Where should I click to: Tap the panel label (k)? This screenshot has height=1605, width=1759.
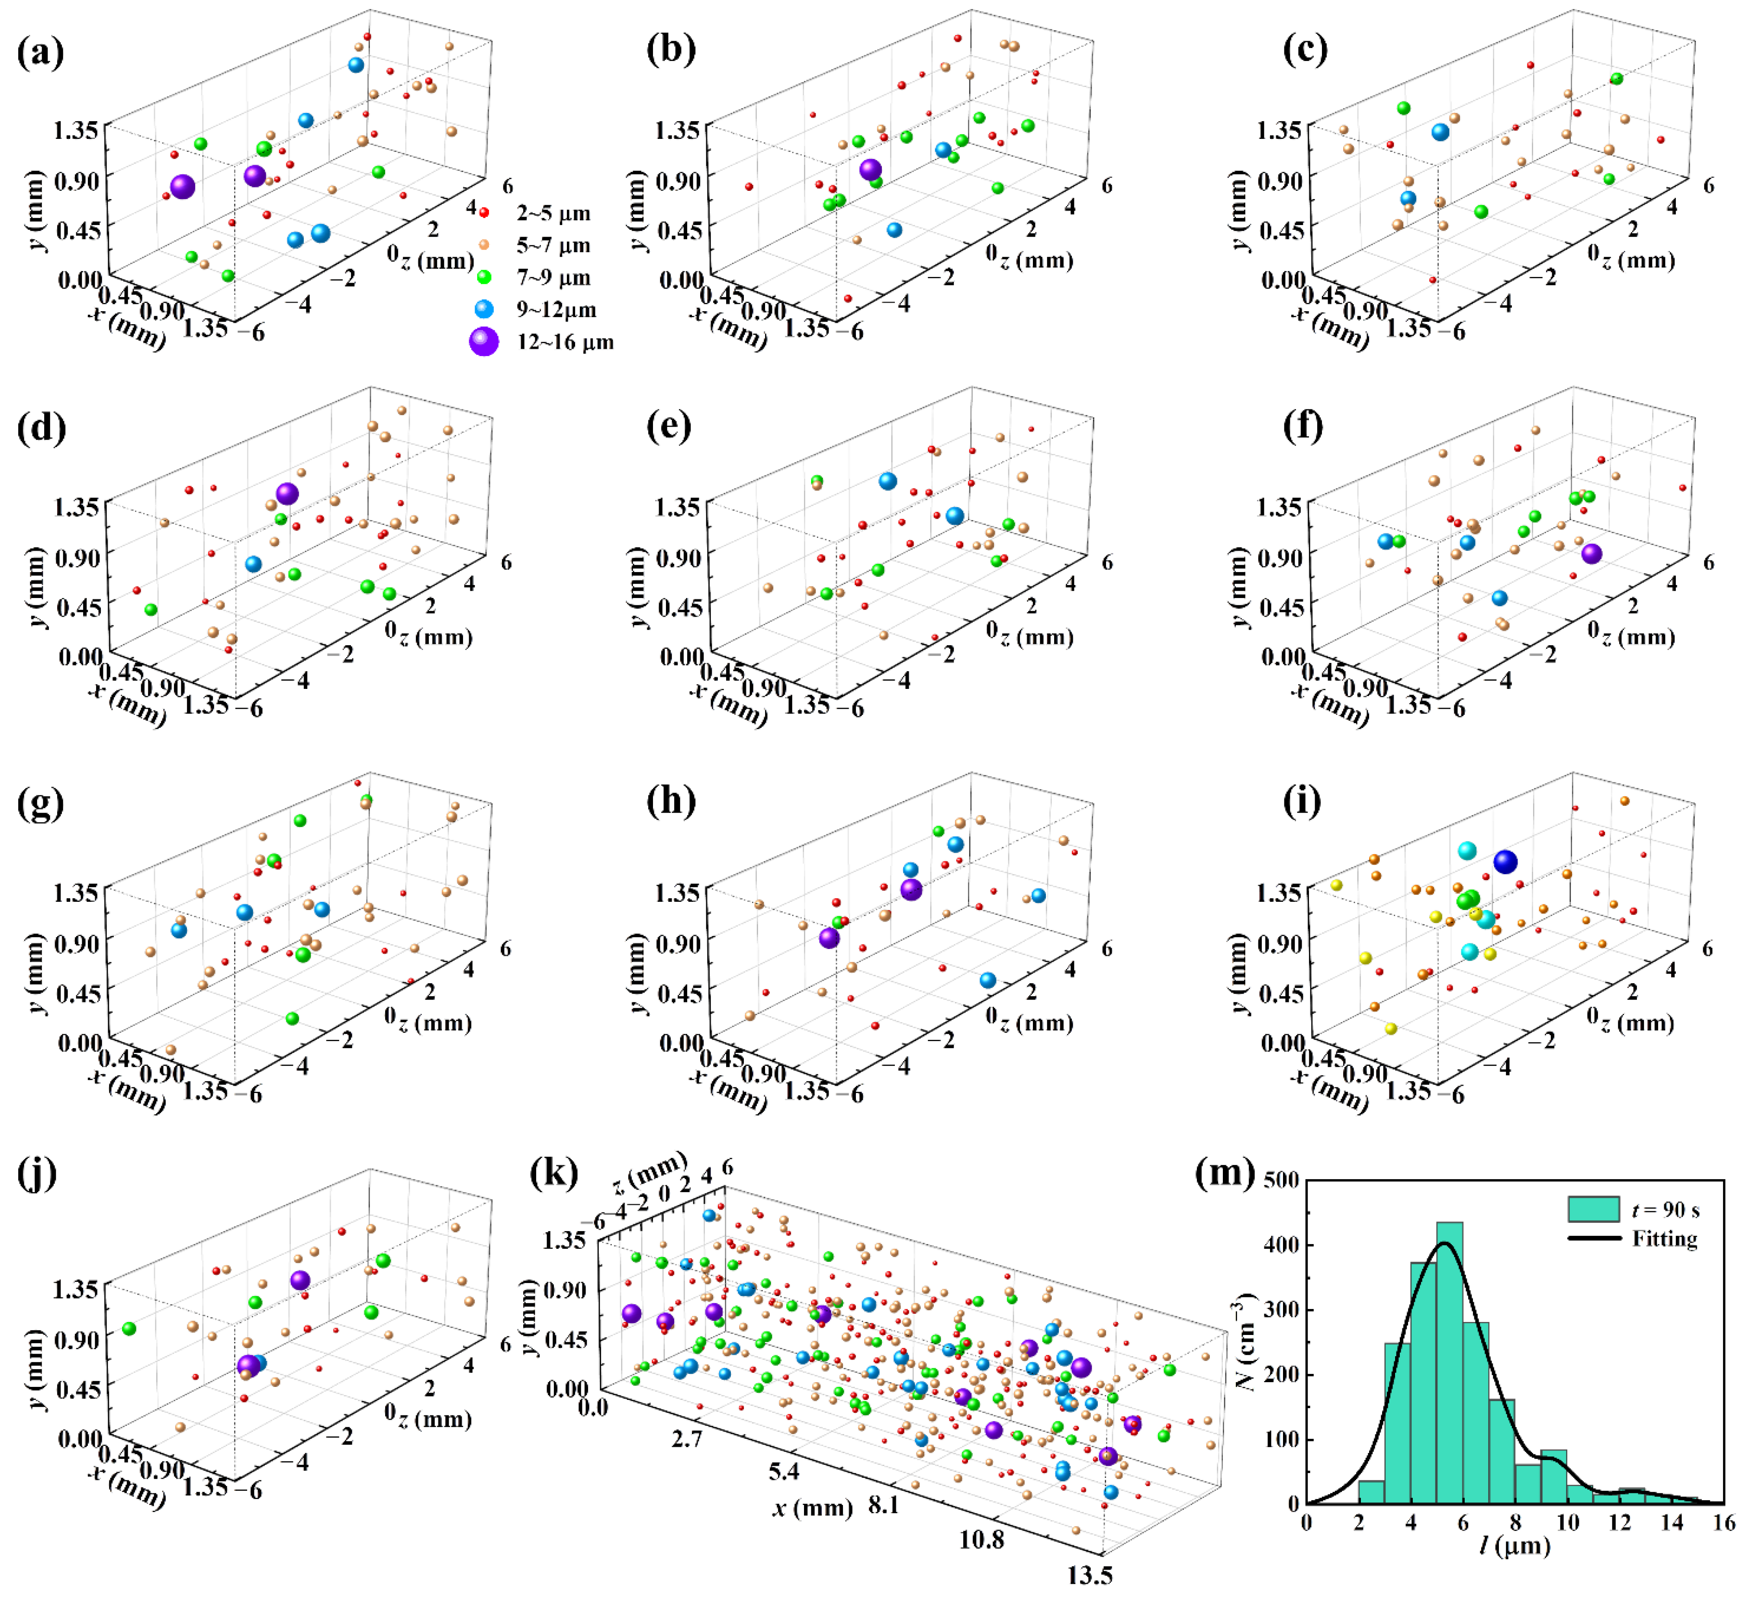click(x=553, y=1174)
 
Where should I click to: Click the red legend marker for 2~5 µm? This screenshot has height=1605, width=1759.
click(x=484, y=212)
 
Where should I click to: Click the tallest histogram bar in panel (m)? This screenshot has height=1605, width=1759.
click(x=1449, y=1361)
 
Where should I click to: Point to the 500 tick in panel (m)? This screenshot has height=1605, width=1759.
click(x=1281, y=1180)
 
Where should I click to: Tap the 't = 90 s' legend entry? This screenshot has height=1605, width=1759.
click(x=1665, y=1209)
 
